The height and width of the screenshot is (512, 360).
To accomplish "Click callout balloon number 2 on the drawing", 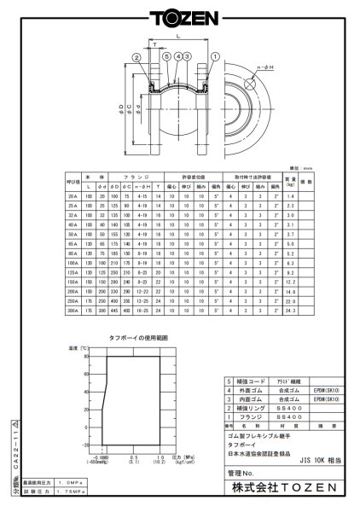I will click(136, 57).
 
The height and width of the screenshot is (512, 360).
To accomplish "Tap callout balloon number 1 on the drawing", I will click(214, 57).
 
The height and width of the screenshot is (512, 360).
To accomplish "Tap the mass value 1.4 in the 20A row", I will click(291, 196).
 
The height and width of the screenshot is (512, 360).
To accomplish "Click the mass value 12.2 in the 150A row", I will click(291, 282).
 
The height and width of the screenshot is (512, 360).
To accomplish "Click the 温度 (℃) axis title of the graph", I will click(73, 349).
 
